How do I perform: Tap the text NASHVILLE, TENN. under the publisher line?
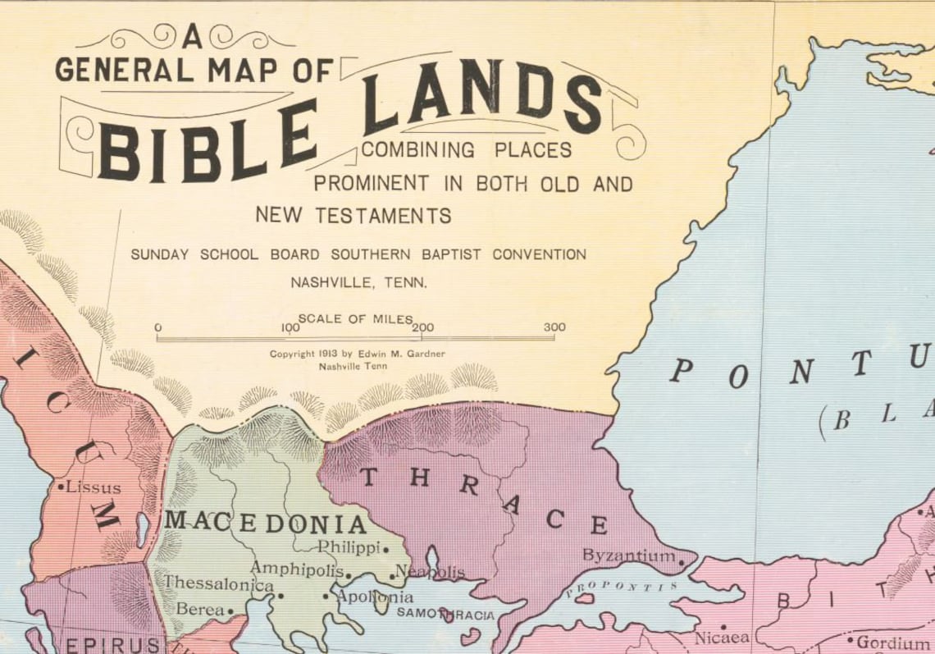(x=358, y=283)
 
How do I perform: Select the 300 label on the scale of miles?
(x=554, y=327)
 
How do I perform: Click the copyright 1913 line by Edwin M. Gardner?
(x=362, y=354)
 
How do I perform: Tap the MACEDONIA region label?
(x=265, y=523)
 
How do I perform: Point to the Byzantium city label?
(x=628, y=556)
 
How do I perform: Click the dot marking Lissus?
(x=62, y=487)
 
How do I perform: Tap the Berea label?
(x=200, y=610)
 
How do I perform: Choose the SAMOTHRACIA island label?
(x=445, y=613)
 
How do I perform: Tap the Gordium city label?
(x=894, y=641)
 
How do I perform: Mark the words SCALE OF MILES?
(x=355, y=318)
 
